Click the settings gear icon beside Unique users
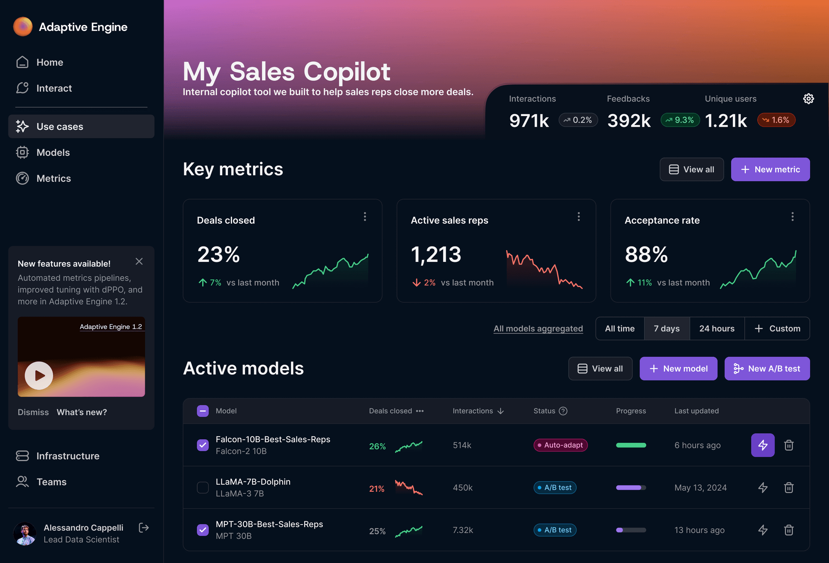[808, 99]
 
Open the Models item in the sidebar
[53, 152]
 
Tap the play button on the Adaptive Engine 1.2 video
[39, 375]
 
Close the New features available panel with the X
[139, 261]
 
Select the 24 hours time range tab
[717, 329]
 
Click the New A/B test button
[767, 369]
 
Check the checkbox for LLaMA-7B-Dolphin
[203, 488]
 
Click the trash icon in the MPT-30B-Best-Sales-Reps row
[789, 530]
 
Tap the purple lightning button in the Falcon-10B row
[763, 445]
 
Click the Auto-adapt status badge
[560, 445]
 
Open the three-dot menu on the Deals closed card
[365, 217]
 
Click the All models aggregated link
[538, 329]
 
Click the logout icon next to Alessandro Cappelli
[144, 528]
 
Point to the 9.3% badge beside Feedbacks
[680, 120]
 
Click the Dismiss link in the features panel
[33, 412]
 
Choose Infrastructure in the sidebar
[68, 456]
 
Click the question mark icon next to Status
[563, 411]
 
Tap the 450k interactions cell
[463, 488]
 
